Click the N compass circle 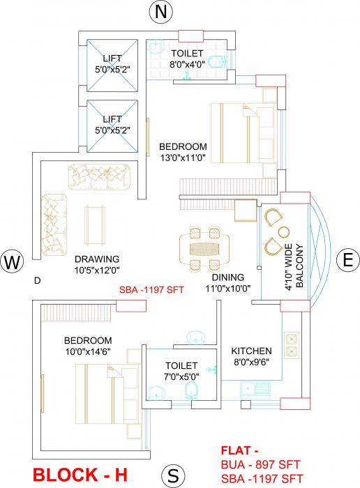(162, 12)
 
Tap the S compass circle (174, 477)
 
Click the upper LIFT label (112, 59)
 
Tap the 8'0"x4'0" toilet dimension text (186, 64)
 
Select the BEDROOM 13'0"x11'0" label (183, 152)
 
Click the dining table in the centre (208, 247)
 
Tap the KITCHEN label (252, 351)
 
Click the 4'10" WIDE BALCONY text (293, 266)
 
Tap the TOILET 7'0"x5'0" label (181, 370)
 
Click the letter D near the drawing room (37, 280)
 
